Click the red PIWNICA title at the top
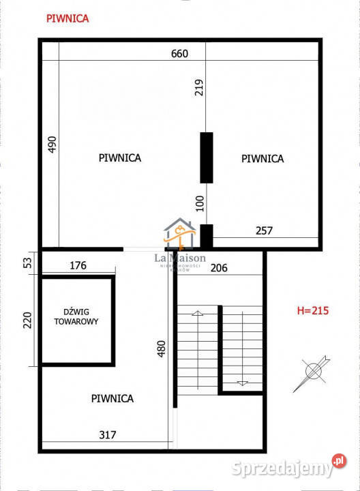[67, 19]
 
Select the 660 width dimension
[179, 53]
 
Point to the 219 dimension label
[199, 87]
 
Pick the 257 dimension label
[263, 231]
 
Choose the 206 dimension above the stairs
[217, 268]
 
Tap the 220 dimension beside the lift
[28, 320]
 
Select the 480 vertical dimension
[160, 350]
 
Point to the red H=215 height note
[313, 311]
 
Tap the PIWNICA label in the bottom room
[112, 398]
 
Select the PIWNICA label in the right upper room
[262, 158]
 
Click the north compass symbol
[313, 371]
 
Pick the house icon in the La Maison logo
[180, 234]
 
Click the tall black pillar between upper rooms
[206, 158]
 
